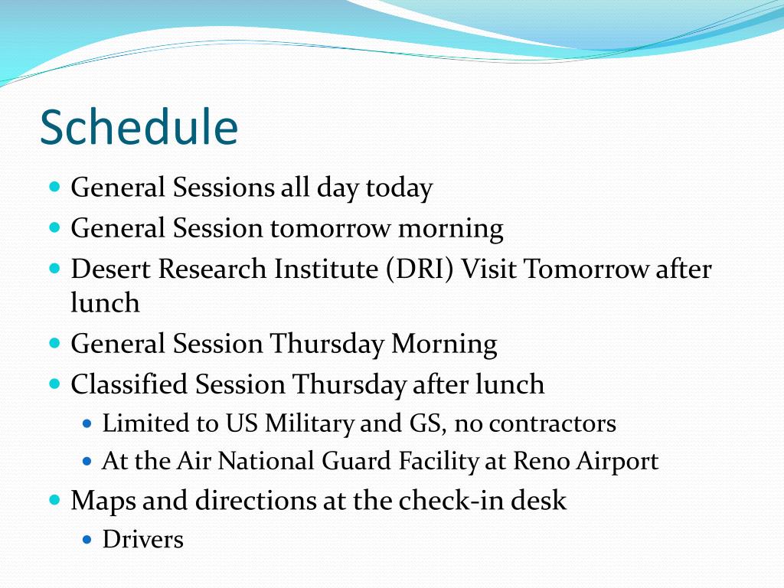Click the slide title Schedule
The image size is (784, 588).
pyautogui.click(x=139, y=127)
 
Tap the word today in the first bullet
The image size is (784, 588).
pyautogui.click(x=399, y=188)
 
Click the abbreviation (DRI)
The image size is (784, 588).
pyautogui.click(x=420, y=269)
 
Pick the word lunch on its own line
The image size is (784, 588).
pyautogui.click(x=105, y=302)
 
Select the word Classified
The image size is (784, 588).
pyautogui.click(x=129, y=384)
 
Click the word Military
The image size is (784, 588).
pyautogui.click(x=309, y=423)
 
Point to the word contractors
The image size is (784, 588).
pyautogui.click(x=553, y=424)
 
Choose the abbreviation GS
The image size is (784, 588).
pyautogui.click(x=427, y=423)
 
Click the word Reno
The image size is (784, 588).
pyautogui.click(x=541, y=460)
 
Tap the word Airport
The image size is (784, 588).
pyautogui.click(x=617, y=462)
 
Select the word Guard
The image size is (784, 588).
pyautogui.click(x=356, y=460)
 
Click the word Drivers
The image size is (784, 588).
pyautogui.click(x=143, y=540)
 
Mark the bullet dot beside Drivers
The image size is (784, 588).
pyautogui.click(x=87, y=540)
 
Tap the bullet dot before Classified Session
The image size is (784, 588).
pyautogui.click(x=55, y=384)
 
